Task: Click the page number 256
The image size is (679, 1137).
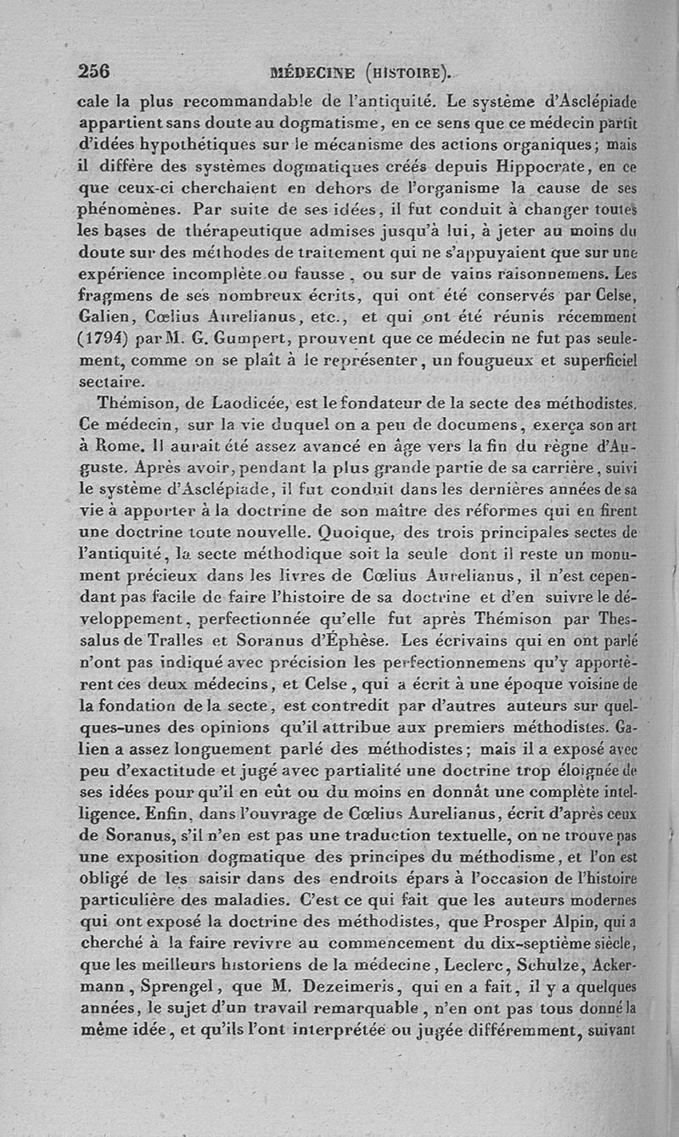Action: [x=94, y=70]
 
